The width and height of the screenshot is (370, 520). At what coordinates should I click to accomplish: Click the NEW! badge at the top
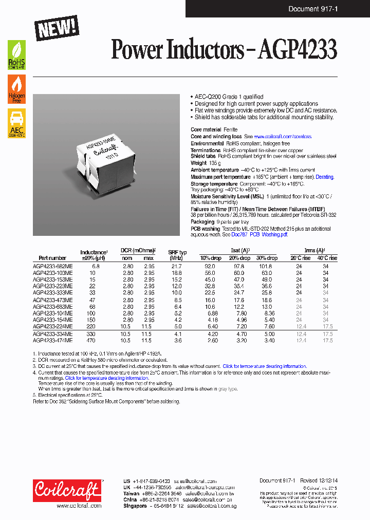click(57, 28)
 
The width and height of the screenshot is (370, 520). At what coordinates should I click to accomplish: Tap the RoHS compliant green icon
click(16, 55)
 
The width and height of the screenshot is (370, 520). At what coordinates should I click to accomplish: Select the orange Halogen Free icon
click(16, 89)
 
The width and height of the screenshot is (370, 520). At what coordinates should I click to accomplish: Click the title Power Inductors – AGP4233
click(224, 50)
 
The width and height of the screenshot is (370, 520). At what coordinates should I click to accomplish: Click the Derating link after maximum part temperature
click(324, 177)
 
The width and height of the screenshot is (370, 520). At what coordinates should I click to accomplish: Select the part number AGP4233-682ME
click(52, 266)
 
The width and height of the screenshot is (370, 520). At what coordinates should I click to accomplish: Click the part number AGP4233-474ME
click(52, 340)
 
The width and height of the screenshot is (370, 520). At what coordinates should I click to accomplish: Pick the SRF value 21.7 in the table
click(176, 266)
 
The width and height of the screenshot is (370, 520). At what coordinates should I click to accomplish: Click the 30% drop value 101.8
click(265, 266)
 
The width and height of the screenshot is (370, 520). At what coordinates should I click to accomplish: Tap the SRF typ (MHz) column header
click(177, 255)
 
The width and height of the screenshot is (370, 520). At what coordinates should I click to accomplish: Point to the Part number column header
click(52, 258)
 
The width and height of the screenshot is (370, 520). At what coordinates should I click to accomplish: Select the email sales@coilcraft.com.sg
click(210, 506)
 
